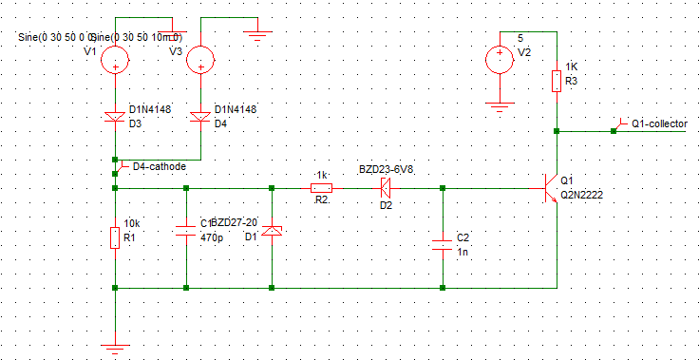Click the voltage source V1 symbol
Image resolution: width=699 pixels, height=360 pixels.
115,62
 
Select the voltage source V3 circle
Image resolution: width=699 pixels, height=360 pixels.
200,62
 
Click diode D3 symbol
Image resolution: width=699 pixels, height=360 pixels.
115,117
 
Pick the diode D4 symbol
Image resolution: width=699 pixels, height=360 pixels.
200,117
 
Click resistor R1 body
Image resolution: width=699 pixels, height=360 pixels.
115,237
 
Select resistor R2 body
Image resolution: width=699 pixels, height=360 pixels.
321,187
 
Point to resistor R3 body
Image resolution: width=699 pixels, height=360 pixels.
557,82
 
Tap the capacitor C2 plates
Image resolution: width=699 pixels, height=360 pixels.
443,243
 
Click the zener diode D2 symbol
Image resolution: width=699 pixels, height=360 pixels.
386,187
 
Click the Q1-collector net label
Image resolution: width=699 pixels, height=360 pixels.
659,123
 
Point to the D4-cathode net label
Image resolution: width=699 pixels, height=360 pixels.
159,166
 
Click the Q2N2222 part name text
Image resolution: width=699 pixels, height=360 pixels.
581,195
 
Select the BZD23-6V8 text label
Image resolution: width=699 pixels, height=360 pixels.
386,169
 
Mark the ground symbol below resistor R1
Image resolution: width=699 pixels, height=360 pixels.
115,349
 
